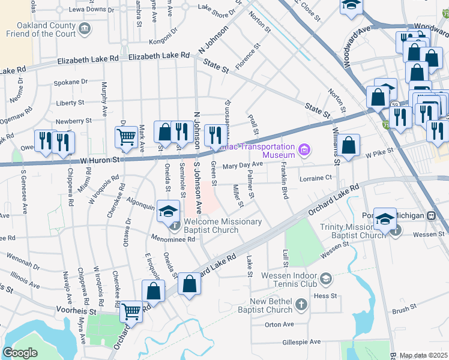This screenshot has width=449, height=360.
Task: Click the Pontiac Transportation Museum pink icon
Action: click(304, 149)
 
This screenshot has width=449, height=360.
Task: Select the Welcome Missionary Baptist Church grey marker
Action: click(174, 226)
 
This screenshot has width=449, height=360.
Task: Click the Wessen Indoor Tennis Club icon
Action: click(325, 278)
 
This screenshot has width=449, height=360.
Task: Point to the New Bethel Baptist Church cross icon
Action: click(302, 306)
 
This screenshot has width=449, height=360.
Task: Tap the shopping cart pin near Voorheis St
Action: click(131, 311)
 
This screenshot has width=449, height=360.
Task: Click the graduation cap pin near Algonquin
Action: click(169, 211)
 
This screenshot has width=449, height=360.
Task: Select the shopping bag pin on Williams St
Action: click(348, 145)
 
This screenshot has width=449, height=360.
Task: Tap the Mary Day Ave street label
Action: click(243, 165)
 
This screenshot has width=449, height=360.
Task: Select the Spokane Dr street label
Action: click(70, 82)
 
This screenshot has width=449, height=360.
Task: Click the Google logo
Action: click(20, 353)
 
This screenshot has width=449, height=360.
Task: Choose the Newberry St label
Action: click(73, 120)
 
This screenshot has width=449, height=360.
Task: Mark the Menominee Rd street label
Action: click(174, 239)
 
